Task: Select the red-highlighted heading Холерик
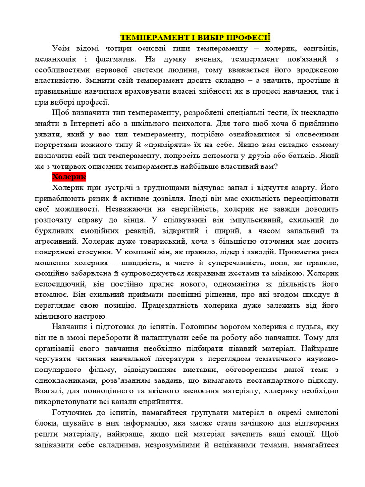pos(68,176)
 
